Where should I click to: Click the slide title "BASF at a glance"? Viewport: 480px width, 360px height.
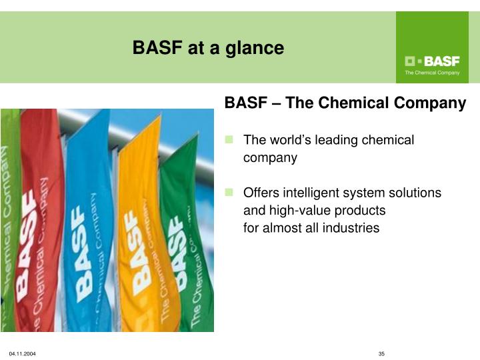coord(208,48)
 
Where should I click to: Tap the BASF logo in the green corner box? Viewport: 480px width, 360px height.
coord(432,61)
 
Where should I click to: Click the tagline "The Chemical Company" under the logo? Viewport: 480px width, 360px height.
coord(432,73)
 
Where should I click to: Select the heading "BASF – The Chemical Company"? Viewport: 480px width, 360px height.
coord(345,103)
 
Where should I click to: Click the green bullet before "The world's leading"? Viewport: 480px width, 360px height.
coord(229,139)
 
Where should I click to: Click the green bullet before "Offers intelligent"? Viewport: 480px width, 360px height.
coord(229,193)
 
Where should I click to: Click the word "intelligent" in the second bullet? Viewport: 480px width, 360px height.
coord(308,193)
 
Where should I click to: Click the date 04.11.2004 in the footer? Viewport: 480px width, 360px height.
coord(22,353)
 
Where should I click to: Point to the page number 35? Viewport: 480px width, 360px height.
coord(382,353)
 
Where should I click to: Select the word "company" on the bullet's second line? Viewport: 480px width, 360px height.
coord(270,158)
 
